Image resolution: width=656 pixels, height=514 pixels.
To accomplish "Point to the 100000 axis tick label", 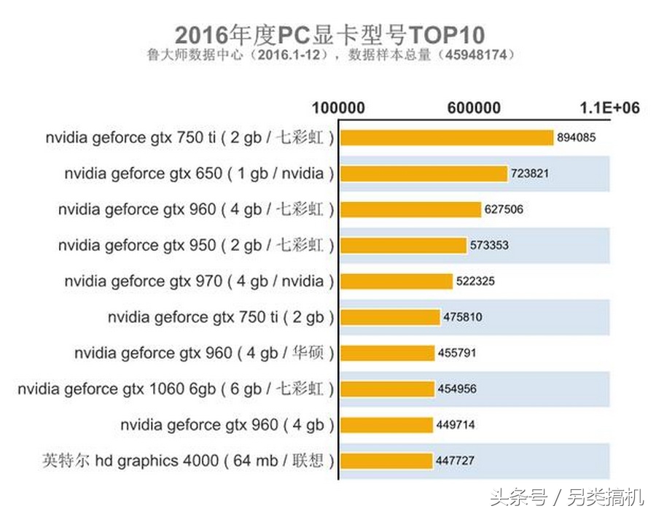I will tap(338, 108).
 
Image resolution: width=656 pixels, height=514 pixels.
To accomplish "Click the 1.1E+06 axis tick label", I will tap(609, 108).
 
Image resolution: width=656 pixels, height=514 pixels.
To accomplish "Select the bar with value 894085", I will tap(447, 137).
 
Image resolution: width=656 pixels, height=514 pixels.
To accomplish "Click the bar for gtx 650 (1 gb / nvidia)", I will tap(423, 174).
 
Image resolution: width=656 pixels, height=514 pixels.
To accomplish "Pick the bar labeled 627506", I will tap(411, 209).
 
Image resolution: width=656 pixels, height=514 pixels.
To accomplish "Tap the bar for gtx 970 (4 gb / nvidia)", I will tap(397, 281).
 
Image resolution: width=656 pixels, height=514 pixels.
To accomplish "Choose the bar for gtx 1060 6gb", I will tap(387, 389).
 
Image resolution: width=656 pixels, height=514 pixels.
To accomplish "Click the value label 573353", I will tap(490, 246).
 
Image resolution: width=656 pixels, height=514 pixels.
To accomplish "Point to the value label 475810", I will tap(463, 317).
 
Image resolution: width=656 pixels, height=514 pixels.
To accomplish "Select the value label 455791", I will tap(458, 353).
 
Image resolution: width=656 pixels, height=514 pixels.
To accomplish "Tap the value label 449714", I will tap(456, 424).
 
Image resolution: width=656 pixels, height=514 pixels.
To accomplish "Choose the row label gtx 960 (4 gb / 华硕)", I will tap(204, 353).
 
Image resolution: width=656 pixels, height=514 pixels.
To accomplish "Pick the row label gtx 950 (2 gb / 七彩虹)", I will tap(196, 246).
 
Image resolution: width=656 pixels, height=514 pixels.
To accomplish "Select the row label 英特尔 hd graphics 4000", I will tap(188, 461).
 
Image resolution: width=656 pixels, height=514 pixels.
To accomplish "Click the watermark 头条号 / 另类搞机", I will tap(566, 497).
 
